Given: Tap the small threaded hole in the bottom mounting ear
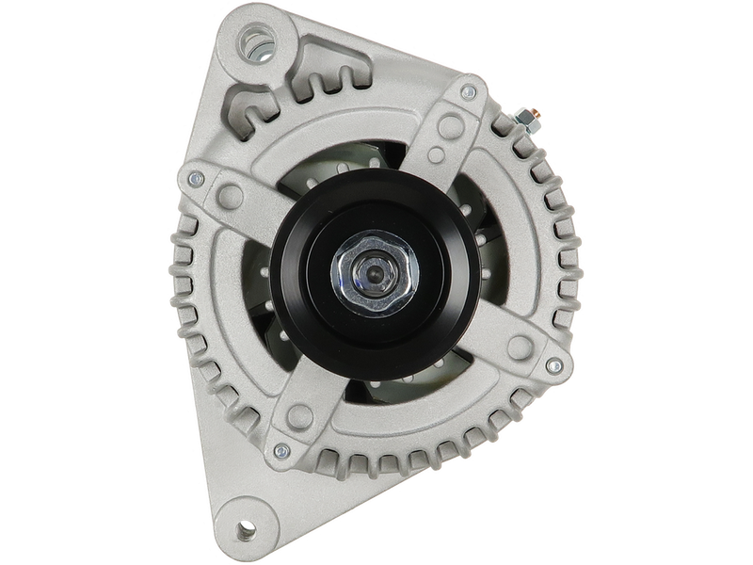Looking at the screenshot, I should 247,529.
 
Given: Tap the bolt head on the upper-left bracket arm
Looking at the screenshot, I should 197,176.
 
